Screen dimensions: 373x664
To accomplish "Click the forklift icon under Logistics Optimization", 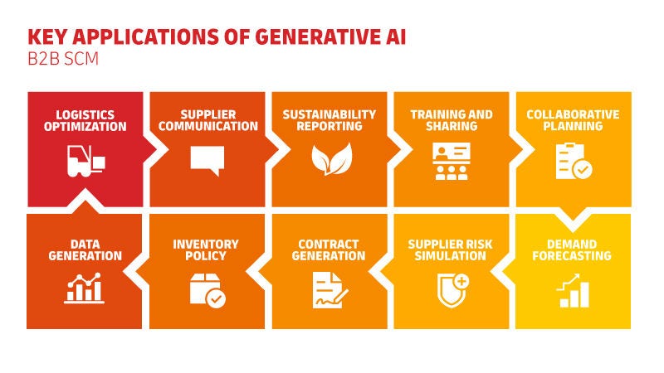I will pyautogui.click(x=85, y=160).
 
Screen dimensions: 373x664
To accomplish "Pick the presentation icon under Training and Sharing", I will pyautogui.click(x=452, y=161).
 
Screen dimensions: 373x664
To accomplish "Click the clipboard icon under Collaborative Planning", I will pyautogui.click(x=574, y=161).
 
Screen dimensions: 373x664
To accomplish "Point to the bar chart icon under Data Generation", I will pyautogui.click(x=85, y=288).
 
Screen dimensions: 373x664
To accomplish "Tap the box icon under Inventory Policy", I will pyautogui.click(x=207, y=289).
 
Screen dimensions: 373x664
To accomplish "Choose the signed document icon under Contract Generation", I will pyautogui.click(x=330, y=289).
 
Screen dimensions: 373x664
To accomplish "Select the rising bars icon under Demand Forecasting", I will pyautogui.click(x=574, y=290).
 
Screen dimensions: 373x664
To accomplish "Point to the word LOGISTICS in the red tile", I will pyautogui.click(x=85, y=114).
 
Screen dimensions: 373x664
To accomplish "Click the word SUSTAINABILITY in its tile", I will pyautogui.click(x=330, y=114).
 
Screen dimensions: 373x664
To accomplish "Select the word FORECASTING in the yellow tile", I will pyautogui.click(x=574, y=256).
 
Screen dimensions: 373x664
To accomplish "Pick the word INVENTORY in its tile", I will pyautogui.click(x=207, y=245).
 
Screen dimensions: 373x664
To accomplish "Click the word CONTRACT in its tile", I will pyautogui.click(x=330, y=245).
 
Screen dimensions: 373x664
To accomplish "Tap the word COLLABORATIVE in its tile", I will pyautogui.click(x=573, y=114).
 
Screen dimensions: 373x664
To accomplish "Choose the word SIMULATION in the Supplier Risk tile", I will pyautogui.click(x=452, y=256).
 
